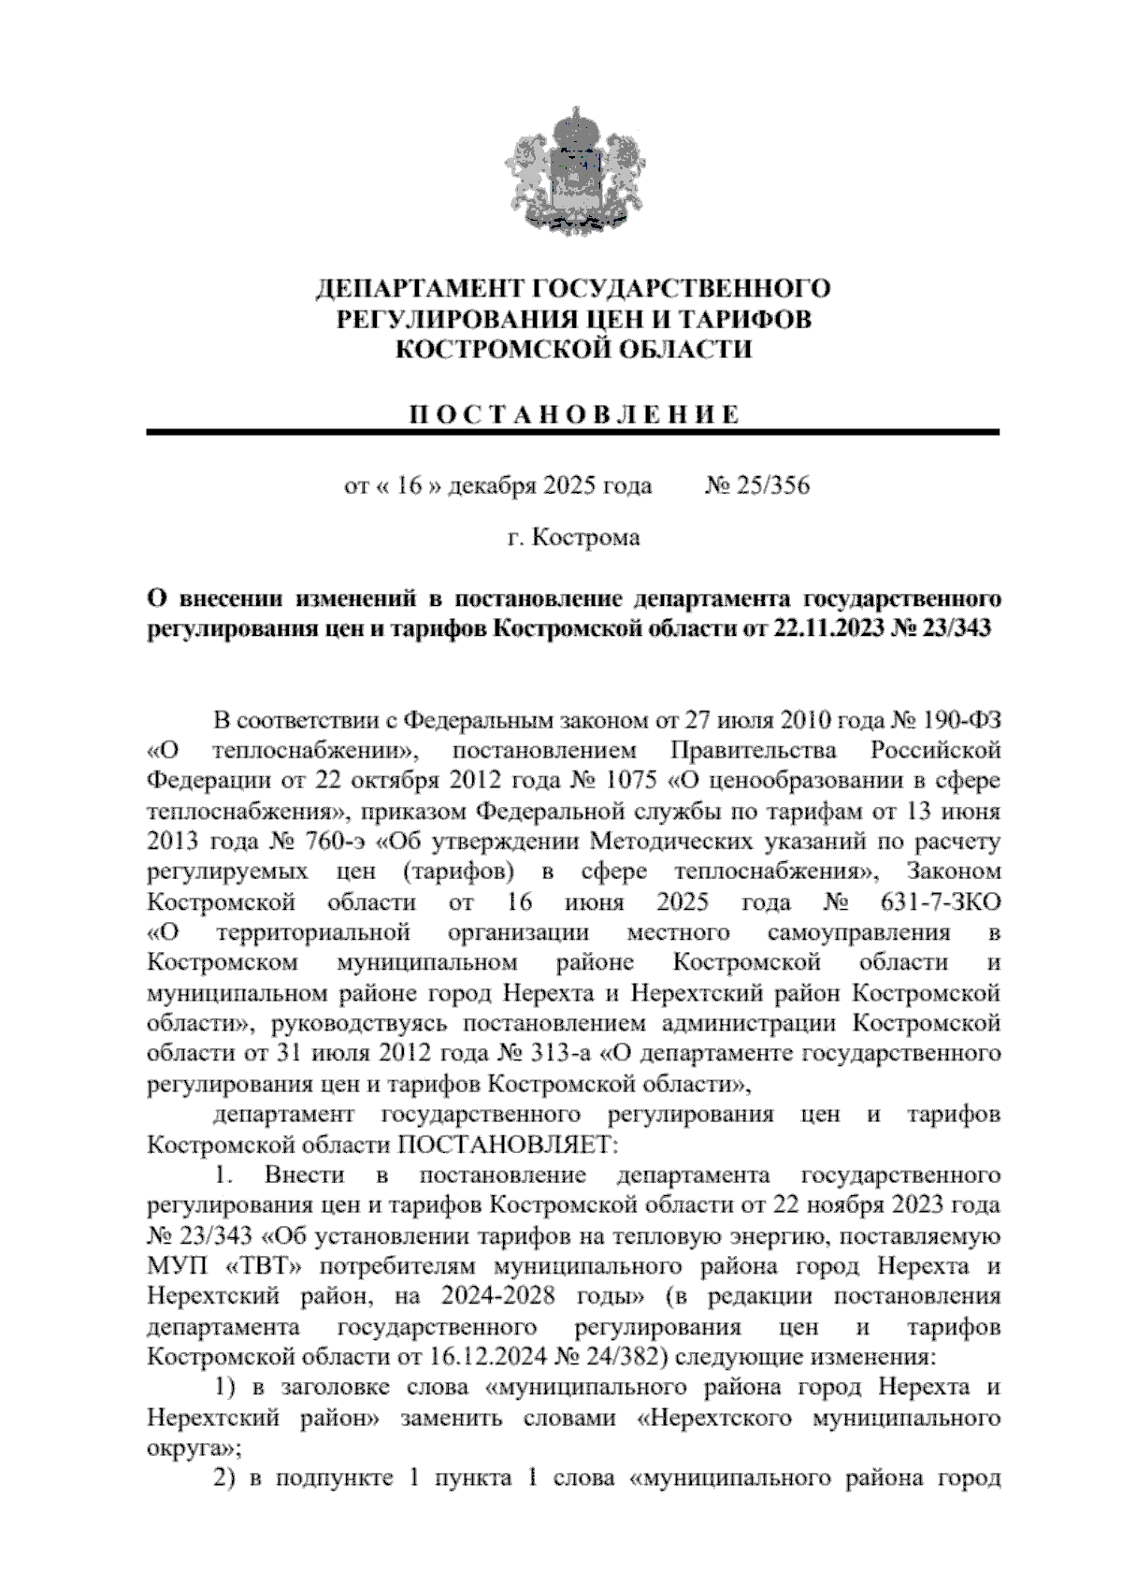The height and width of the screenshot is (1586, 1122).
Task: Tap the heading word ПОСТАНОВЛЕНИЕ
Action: (x=574, y=414)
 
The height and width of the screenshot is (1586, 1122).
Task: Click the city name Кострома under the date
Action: (x=586, y=539)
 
